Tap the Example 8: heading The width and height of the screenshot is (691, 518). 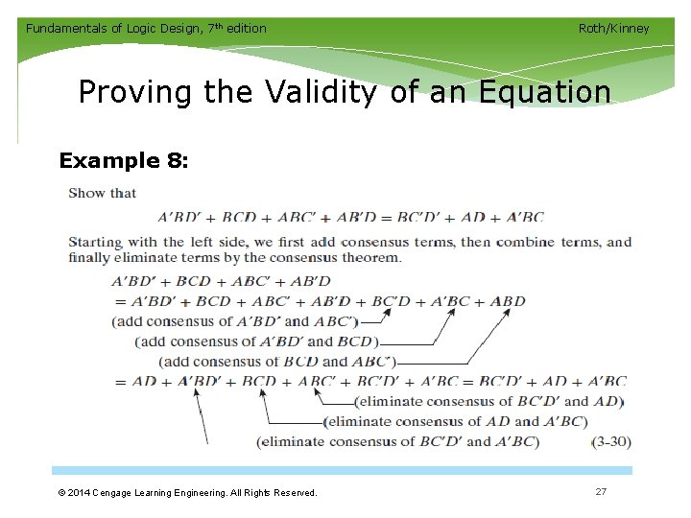click(x=124, y=160)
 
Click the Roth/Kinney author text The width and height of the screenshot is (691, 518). click(x=613, y=29)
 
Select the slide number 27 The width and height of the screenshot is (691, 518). click(x=601, y=491)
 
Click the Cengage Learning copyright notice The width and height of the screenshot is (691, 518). click(x=186, y=492)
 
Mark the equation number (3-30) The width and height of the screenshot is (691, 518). click(x=610, y=442)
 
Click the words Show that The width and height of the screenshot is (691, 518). click(x=102, y=193)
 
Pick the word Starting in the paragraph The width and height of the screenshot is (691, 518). click(x=95, y=242)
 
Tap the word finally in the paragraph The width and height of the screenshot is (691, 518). click(x=91, y=257)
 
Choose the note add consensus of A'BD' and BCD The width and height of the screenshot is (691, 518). click(x=257, y=341)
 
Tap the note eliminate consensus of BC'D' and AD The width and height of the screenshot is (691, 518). click(x=488, y=401)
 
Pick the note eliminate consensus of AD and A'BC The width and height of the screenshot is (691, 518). click(x=455, y=421)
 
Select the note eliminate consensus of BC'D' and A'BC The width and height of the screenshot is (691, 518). click(x=397, y=441)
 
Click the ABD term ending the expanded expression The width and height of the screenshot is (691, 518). click(x=508, y=301)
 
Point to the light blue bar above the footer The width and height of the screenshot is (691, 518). click(x=342, y=471)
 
